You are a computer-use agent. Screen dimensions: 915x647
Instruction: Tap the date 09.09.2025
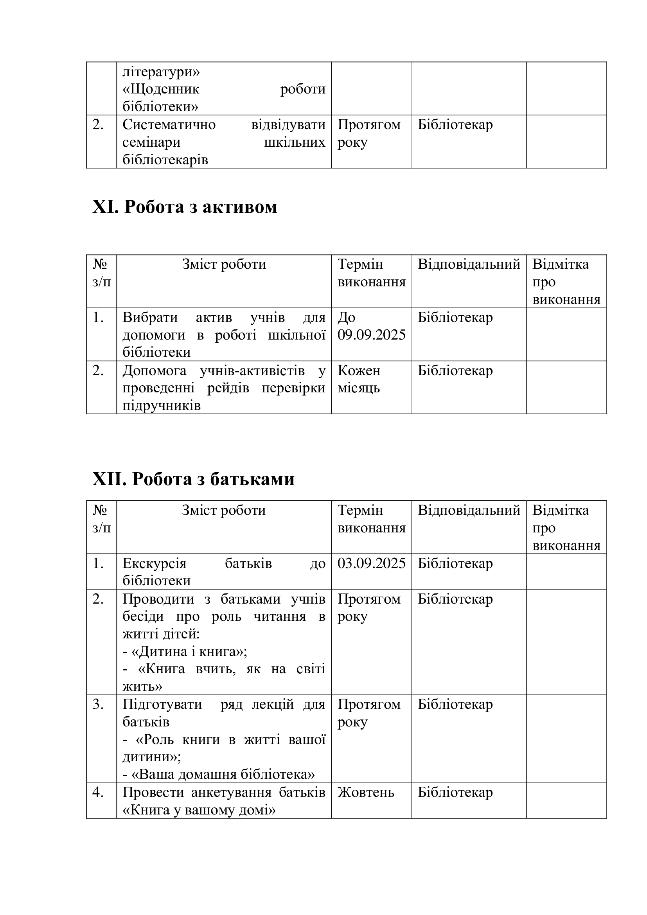point(371,335)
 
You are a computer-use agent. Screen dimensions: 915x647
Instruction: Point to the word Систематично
point(169,124)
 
